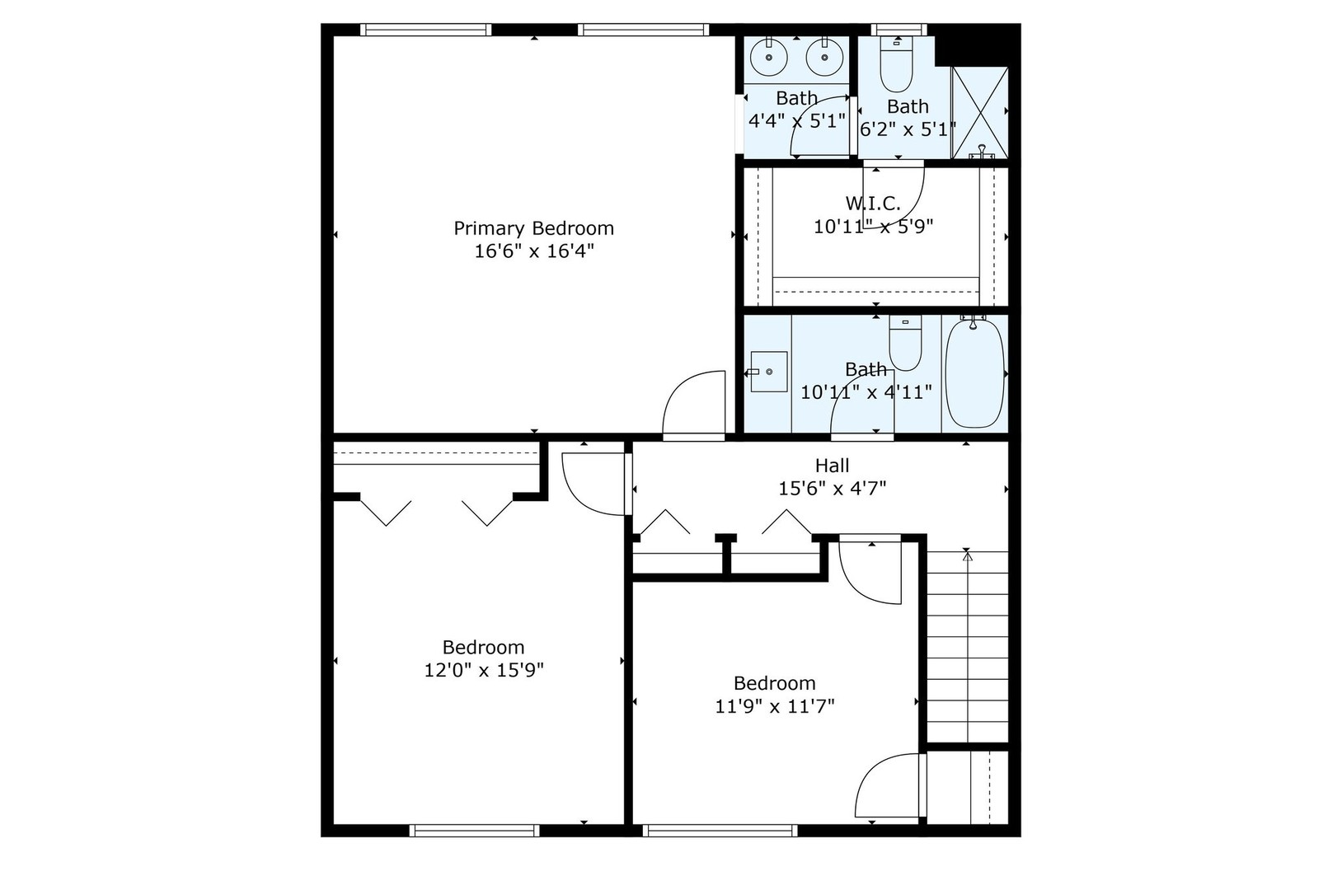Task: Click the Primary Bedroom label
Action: point(533,228)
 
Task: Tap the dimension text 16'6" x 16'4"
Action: point(533,251)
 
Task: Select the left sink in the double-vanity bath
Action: point(769,58)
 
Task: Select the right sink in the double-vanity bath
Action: point(822,58)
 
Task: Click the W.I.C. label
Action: point(873,203)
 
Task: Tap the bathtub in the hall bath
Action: point(974,373)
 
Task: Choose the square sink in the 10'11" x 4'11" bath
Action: point(768,372)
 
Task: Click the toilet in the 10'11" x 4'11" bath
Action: point(905,345)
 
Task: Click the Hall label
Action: point(832,466)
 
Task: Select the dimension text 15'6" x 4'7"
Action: point(832,489)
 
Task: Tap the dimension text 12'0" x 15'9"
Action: point(483,670)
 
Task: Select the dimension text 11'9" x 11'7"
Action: point(775,706)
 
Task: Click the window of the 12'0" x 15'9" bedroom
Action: point(474,831)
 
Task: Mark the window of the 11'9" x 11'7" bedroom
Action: point(720,831)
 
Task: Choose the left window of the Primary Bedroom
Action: point(426,30)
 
